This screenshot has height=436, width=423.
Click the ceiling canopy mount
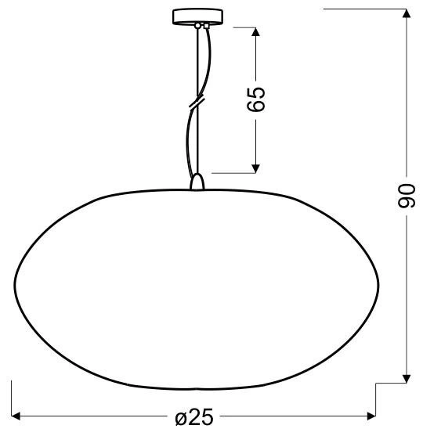click(x=197, y=16)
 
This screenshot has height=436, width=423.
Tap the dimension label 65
click(x=256, y=99)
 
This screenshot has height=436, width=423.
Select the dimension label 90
click(x=407, y=196)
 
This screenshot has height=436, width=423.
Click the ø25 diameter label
click(x=194, y=417)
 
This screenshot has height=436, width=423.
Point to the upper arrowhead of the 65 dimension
click(x=255, y=31)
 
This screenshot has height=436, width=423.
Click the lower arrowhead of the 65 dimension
click(x=255, y=168)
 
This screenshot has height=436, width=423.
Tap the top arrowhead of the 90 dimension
click(x=407, y=13)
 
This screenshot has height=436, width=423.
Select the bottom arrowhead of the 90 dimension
click(x=407, y=379)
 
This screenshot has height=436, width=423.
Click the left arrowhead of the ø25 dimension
click(x=16, y=416)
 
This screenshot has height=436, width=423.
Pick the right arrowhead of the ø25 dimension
click(x=371, y=416)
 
